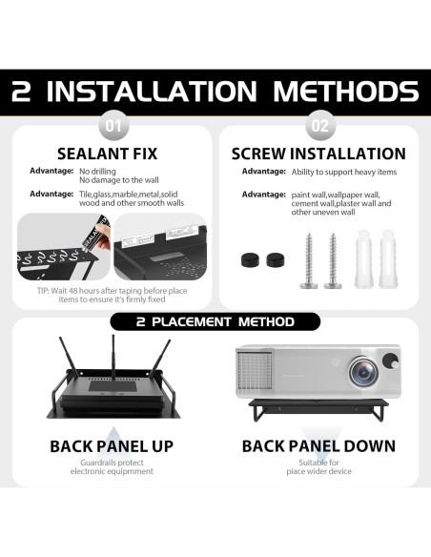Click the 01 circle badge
[x=113, y=126]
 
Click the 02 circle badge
[x=320, y=126]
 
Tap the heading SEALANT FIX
[x=107, y=154]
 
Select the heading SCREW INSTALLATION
[x=318, y=154]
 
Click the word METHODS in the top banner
[x=346, y=92]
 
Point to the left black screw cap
[x=250, y=260]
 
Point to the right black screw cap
[x=276, y=260]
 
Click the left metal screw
[x=309, y=260]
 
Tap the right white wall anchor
[x=388, y=258]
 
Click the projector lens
[x=363, y=372]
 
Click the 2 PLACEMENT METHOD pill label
[x=215, y=321]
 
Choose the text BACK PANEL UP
[x=112, y=446]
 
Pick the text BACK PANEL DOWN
[x=318, y=446]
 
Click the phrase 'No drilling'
[x=97, y=172]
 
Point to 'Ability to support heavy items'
[x=344, y=173]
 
